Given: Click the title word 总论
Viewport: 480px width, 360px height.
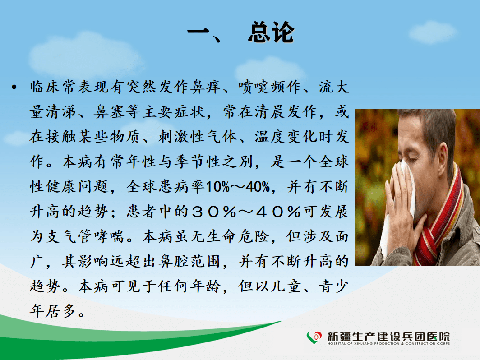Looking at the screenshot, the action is (271, 32).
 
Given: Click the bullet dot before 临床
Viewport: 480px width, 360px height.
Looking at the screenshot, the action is (14, 88).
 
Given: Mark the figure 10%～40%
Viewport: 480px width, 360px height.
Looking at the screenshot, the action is (238, 186).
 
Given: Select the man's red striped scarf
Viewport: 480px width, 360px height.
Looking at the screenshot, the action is (441, 221).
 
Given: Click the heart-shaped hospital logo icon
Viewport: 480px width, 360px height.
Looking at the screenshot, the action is (314, 337).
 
